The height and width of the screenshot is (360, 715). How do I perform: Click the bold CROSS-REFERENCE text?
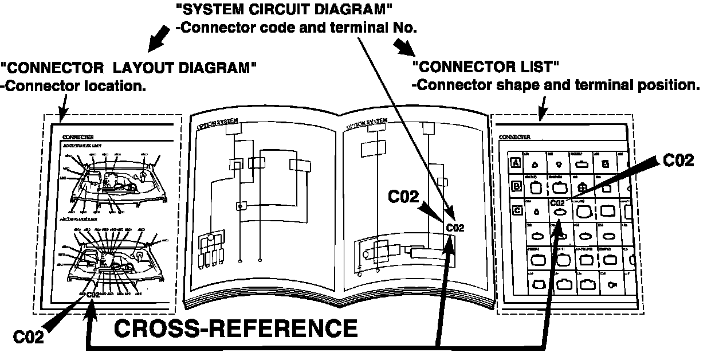tap(236, 328)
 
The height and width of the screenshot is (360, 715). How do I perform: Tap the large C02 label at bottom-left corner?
tap(28, 338)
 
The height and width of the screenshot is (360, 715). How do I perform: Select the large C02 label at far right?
tap(678, 161)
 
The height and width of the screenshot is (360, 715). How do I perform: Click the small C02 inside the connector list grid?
tap(557, 202)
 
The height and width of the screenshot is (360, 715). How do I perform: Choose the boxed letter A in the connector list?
tap(516, 163)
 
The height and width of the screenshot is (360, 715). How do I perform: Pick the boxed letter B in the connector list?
tap(516, 186)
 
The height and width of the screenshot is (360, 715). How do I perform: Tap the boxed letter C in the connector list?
tap(516, 211)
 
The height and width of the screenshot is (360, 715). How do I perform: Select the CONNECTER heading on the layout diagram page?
tap(77, 138)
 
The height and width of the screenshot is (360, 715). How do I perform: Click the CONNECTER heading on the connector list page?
tap(514, 138)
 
